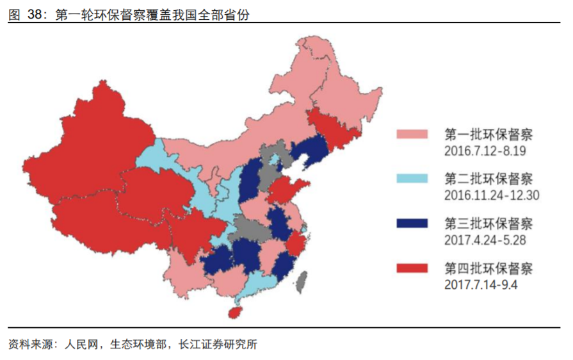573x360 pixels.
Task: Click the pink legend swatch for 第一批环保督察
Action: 413,135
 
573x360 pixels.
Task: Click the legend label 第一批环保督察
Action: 488,135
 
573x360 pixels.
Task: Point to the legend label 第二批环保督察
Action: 488,179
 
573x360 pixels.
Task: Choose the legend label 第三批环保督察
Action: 488,223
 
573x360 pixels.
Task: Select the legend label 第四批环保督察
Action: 488,267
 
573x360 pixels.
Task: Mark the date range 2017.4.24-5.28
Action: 485,240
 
